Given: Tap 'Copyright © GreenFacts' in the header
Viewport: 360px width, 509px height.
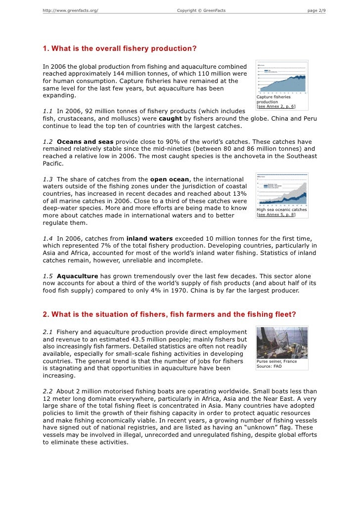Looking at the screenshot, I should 201,11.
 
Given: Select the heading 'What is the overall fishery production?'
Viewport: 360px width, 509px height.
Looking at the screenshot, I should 120,48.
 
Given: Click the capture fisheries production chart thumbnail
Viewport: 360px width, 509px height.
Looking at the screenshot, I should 281,77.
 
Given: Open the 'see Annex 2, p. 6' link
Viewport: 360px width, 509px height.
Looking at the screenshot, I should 276,106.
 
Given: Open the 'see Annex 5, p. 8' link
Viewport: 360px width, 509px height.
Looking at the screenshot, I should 276,215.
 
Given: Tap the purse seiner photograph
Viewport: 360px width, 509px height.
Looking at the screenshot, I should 281,344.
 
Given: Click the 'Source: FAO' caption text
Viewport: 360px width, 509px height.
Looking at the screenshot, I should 269,367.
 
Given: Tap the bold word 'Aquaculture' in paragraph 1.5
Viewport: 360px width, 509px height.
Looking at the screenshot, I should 78,275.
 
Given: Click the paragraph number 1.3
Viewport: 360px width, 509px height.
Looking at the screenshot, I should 48,178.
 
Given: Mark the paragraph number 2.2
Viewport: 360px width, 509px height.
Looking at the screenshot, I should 48,390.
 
